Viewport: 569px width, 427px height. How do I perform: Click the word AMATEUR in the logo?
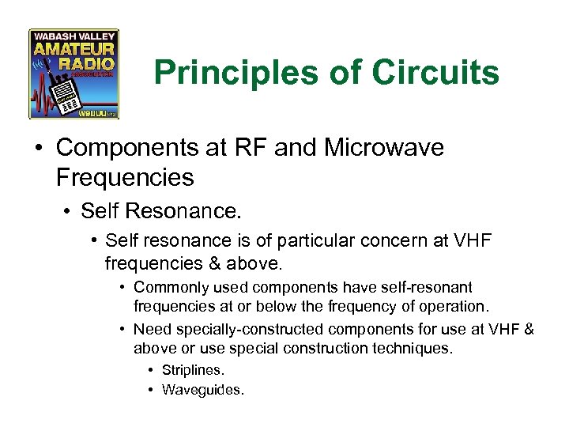coord(73,50)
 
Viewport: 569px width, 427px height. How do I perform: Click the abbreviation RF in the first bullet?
coord(259,148)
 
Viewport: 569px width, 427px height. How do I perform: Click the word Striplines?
coord(193,369)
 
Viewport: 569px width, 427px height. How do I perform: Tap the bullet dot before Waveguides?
coord(150,389)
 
